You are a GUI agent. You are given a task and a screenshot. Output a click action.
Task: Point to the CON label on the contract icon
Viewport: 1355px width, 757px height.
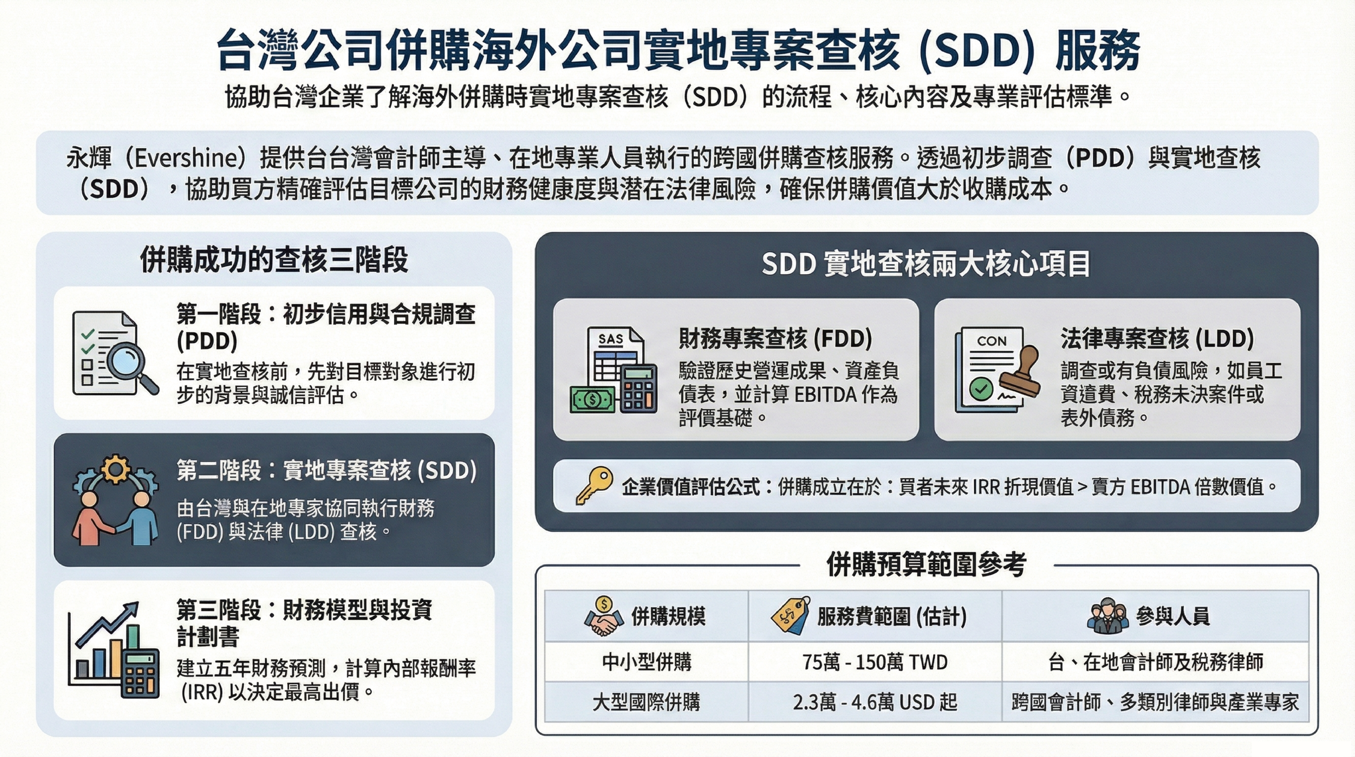991,341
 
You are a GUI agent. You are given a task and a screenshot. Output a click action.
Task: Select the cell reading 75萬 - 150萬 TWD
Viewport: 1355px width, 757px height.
875,662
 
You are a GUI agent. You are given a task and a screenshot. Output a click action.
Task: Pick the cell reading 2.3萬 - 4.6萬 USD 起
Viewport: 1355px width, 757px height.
875,702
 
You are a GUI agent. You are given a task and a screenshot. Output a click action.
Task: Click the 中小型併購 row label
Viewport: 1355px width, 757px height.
646,662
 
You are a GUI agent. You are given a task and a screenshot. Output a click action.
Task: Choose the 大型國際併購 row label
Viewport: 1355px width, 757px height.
646,702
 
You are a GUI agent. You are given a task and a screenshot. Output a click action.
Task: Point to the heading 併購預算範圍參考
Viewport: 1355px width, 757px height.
926,565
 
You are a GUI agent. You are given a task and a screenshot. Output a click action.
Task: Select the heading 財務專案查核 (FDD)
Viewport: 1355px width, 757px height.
775,338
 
